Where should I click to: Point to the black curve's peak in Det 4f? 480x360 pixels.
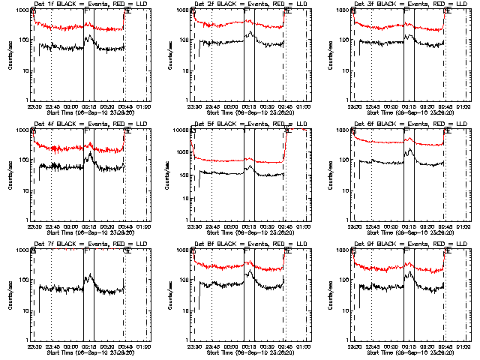pyautogui.click(x=90, y=153)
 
